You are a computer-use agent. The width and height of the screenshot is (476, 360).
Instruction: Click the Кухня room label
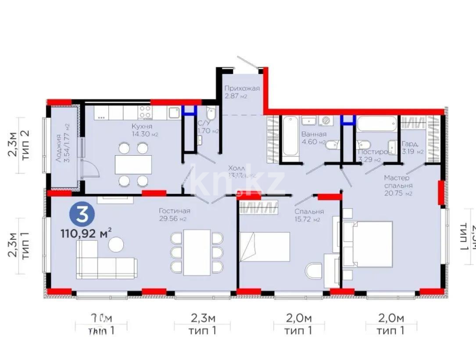142,126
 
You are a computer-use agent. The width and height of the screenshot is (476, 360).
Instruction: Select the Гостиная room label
174,211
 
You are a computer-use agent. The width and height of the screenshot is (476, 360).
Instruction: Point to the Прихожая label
242,88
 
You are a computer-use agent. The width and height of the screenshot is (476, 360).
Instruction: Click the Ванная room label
314,134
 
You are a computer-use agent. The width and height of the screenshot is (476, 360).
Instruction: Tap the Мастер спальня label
397,182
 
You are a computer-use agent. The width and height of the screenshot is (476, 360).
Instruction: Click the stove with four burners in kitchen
145,112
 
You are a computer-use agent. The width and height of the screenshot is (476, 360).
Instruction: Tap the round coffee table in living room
116,245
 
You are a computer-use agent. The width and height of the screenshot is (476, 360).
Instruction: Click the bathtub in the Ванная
289,135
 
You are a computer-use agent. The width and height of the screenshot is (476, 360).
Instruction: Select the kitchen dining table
133,164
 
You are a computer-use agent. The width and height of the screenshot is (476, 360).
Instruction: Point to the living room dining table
197,252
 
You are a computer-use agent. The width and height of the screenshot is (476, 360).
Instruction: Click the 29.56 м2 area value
174,219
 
